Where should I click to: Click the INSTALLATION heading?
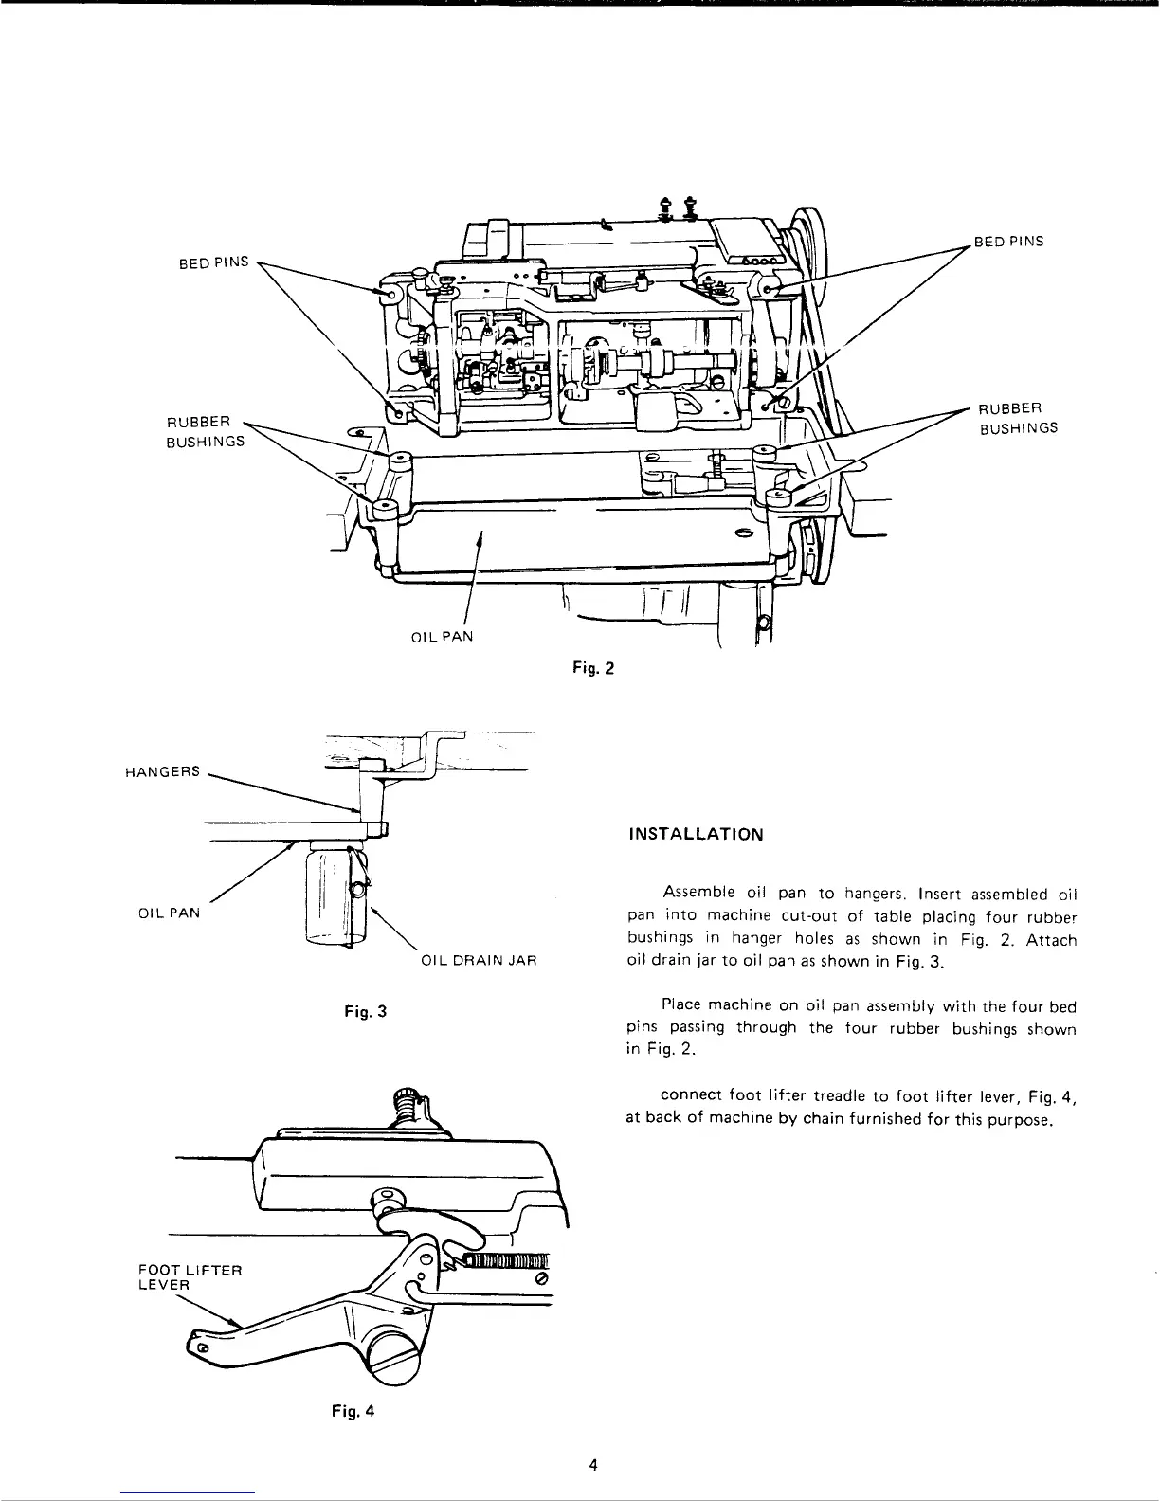click(695, 835)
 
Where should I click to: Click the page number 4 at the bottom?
click(593, 1465)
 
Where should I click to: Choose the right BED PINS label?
click(1009, 241)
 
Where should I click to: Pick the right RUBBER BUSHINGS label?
click(1017, 418)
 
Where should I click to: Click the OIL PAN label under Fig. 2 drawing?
click(441, 637)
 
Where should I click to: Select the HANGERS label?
click(162, 771)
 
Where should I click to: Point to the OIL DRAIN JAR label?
click(478, 960)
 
